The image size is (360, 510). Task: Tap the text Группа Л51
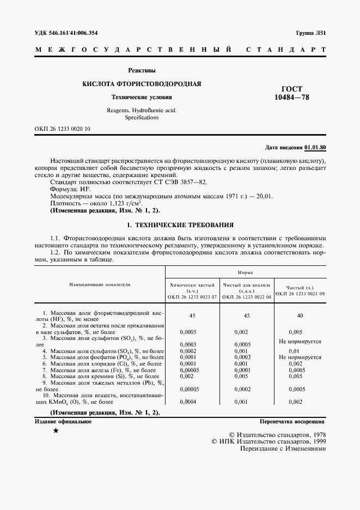[311, 33]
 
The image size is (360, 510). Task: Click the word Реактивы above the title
[142, 70]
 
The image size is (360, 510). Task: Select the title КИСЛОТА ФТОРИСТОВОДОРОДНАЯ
[142, 84]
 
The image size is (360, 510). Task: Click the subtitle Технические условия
[142, 98]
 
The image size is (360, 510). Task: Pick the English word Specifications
[142, 117]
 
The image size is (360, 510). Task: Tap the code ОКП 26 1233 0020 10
[63, 129]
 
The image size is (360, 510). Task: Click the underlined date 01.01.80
[315, 148]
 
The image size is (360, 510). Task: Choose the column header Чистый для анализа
[244, 284]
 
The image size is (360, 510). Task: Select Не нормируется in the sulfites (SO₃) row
[300, 341]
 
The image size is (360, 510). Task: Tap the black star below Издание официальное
[56, 431]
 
